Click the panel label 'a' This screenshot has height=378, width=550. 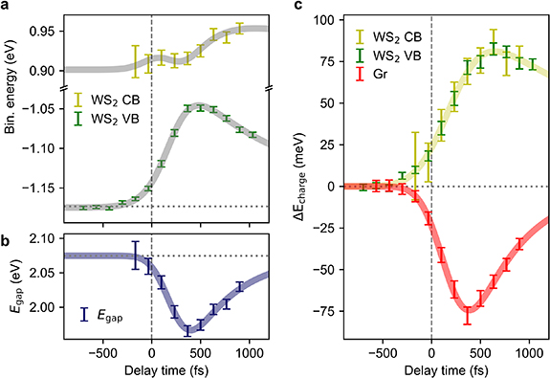point(6,7)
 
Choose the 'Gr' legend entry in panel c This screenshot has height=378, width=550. point(361,68)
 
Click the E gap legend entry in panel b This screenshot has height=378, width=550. point(112,312)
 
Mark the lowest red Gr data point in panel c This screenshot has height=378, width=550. point(468,310)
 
